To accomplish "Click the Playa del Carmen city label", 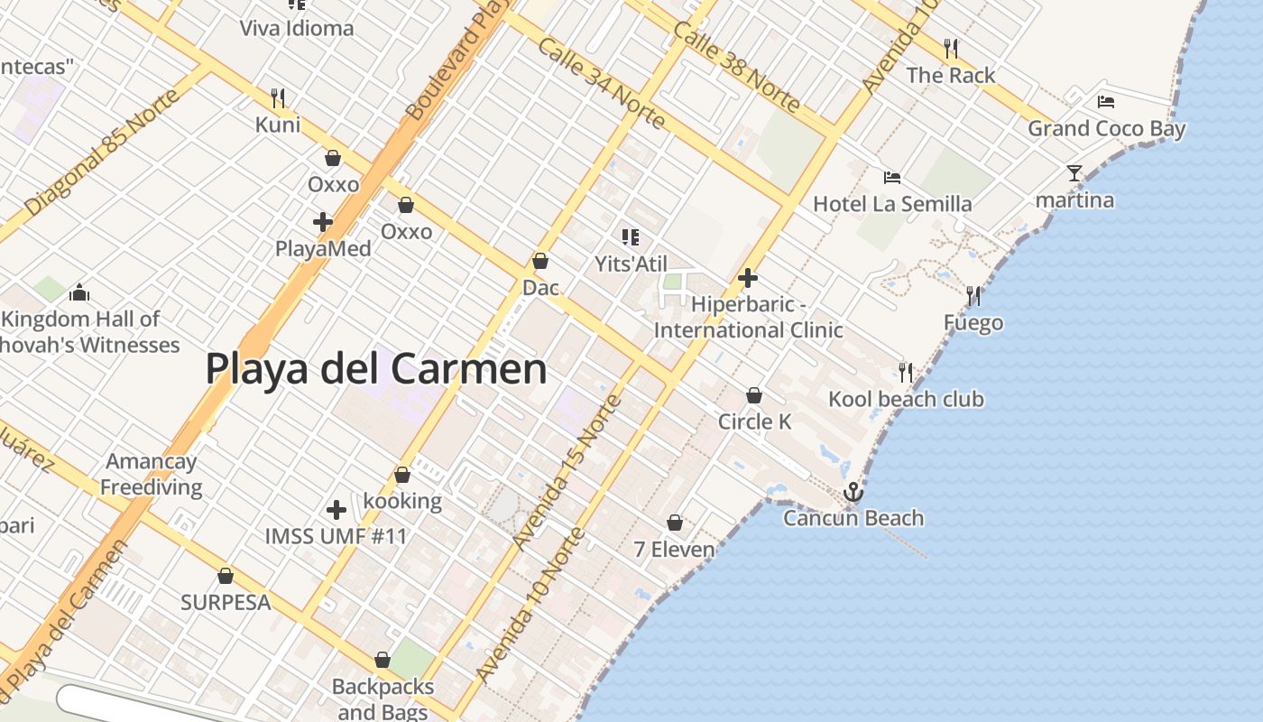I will [x=376, y=369].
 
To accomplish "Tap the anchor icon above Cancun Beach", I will [x=853, y=493].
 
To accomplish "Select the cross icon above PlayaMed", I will [x=322, y=222].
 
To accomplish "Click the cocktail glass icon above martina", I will [x=1074, y=173].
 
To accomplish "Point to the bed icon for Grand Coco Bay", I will [x=1106, y=102].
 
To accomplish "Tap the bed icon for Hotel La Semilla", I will [x=892, y=178].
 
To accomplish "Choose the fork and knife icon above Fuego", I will [x=973, y=296].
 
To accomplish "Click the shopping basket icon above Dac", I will [x=540, y=262].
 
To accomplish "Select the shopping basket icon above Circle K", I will [x=754, y=395].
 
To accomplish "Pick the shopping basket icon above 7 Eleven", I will [x=674, y=523].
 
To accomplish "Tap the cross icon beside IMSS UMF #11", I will [x=336, y=511].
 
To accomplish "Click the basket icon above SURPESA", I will [x=226, y=576].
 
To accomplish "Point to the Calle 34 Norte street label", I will [x=601, y=84].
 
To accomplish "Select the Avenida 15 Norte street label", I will [x=567, y=471].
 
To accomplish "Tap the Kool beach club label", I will [x=906, y=399].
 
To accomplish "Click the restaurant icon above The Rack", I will [x=950, y=48].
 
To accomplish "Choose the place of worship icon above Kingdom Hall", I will [x=79, y=292].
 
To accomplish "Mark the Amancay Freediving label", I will [x=151, y=475].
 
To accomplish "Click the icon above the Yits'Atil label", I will [x=630, y=237].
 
